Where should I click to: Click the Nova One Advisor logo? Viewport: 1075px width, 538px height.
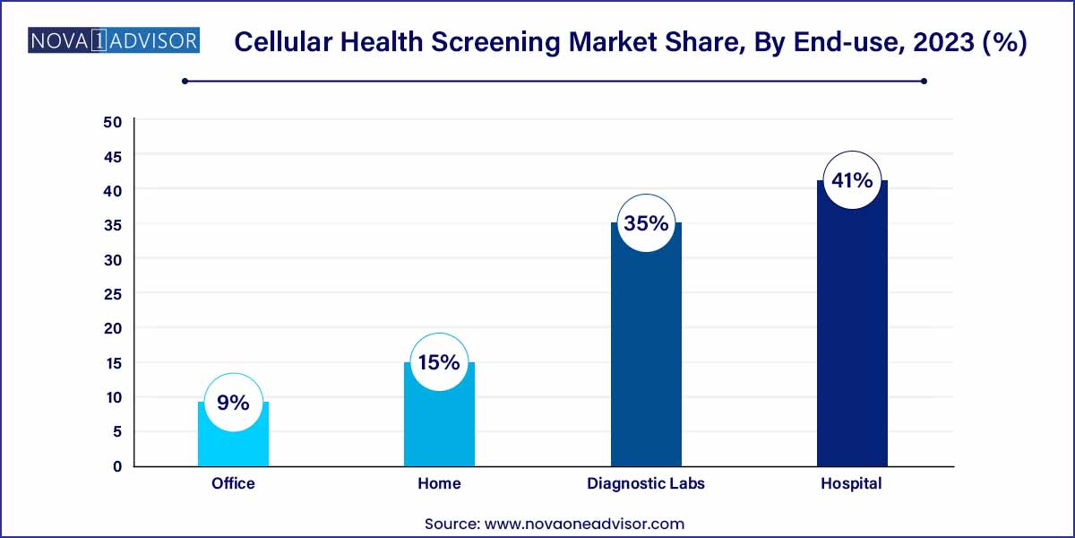pyautogui.click(x=114, y=40)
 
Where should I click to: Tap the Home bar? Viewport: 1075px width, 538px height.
pyautogui.click(x=439, y=428)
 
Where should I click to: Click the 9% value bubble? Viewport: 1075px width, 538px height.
pyautogui.click(x=233, y=403)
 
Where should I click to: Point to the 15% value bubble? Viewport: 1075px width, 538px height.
pyautogui.click(x=439, y=362)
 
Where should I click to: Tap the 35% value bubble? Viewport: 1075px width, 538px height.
pyautogui.click(x=646, y=223)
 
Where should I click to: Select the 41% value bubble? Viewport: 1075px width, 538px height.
pyautogui.click(x=852, y=180)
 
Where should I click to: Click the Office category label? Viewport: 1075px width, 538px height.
pyautogui.click(x=233, y=483)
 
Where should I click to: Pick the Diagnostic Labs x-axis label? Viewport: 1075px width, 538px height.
pyautogui.click(x=646, y=483)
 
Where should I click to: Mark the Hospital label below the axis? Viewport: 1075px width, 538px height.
pyautogui.click(x=851, y=483)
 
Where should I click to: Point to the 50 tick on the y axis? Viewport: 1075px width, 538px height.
pyautogui.click(x=113, y=122)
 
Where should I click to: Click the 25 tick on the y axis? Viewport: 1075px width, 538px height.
pyautogui.click(x=113, y=294)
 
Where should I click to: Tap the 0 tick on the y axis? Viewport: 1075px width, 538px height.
pyautogui.click(x=117, y=466)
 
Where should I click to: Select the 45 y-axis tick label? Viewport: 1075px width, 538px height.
pyautogui.click(x=113, y=157)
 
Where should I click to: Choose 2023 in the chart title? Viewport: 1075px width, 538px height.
pyautogui.click(x=943, y=42)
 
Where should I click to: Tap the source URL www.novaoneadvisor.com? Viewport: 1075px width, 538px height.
pyautogui.click(x=584, y=524)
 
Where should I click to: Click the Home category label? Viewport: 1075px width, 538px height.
pyautogui.click(x=439, y=483)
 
